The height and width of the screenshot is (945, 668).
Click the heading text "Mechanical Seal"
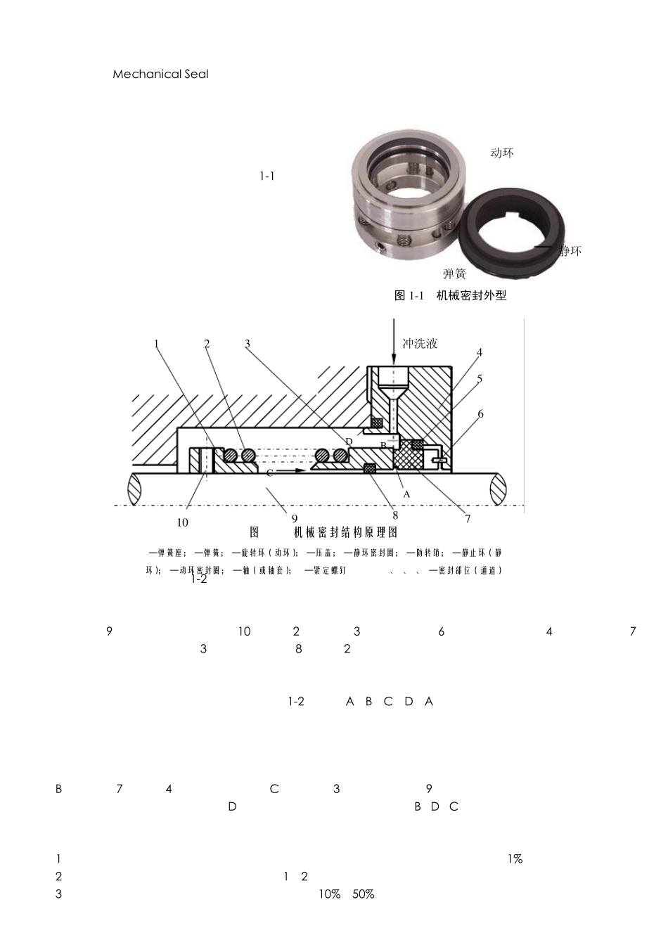(160, 74)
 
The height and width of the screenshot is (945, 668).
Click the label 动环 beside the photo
(501, 153)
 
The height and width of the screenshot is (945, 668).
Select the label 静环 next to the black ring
(570, 251)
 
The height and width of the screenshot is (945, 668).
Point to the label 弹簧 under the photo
(454, 274)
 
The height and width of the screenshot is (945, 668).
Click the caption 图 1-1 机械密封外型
(450, 295)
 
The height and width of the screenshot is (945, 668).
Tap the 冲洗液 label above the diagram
(420, 343)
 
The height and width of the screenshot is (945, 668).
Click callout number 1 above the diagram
(157, 343)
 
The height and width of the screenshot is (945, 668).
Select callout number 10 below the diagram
(183, 522)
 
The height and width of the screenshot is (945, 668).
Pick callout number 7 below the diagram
(468, 520)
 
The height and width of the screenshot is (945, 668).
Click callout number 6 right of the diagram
(481, 413)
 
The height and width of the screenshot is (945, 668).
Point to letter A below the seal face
(406, 494)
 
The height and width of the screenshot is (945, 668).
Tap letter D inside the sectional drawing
(349, 441)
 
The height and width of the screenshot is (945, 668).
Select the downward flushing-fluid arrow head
(393, 360)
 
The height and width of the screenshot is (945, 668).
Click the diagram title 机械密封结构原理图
(345, 532)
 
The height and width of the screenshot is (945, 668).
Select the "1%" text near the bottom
(514, 859)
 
